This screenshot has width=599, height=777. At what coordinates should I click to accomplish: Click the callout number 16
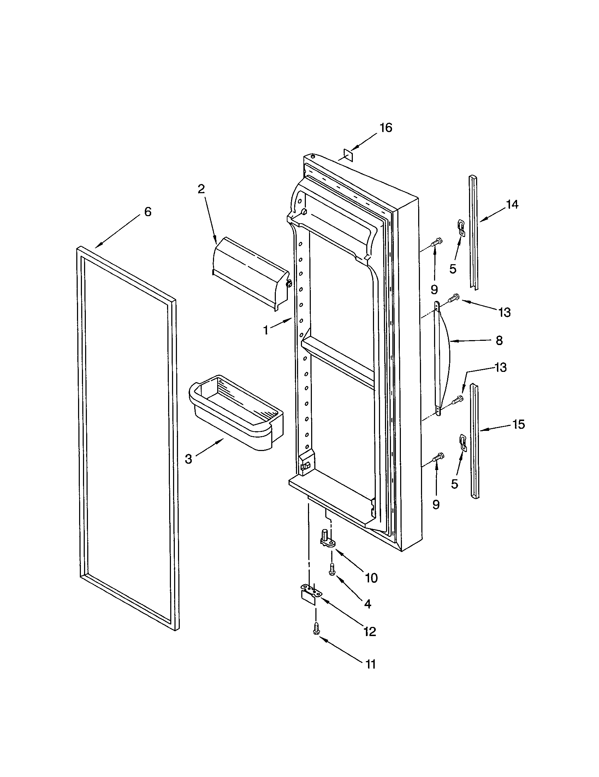tap(386, 128)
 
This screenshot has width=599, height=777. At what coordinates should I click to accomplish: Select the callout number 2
tap(201, 189)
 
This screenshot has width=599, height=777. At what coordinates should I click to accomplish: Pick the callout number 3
tap(188, 459)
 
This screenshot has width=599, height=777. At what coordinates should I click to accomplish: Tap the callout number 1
tap(266, 331)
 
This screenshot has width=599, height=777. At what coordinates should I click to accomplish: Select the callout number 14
tap(512, 204)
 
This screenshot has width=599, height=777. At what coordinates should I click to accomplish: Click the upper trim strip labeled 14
tap(473, 231)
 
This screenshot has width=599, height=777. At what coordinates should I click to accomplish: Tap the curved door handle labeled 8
tap(443, 356)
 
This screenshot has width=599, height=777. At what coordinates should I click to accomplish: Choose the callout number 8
tap(499, 340)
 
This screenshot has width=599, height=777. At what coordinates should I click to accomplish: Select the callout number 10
tap(371, 578)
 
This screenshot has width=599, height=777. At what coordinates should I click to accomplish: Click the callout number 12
tap(369, 631)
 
